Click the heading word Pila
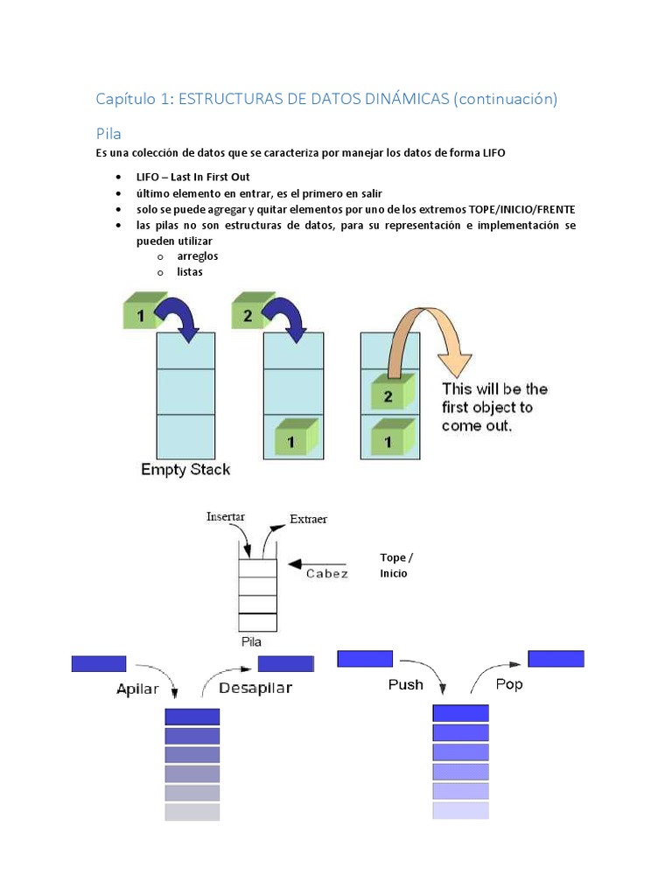coord(108,134)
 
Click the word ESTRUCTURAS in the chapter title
coord(229,99)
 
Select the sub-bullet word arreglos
coord(197,256)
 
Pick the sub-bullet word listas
coord(190,272)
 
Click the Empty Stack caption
coord(185,470)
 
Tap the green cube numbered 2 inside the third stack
coord(389,395)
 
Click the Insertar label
coord(226,516)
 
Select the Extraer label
coord(308,519)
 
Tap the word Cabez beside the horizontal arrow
coord(326,574)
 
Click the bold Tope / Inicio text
coord(395,565)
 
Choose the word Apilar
coord(138,689)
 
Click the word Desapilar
coord(255,688)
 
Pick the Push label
coord(406,684)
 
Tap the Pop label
coord(509,683)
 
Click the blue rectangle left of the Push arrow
coord(365,659)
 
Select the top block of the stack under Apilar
coord(192,717)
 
